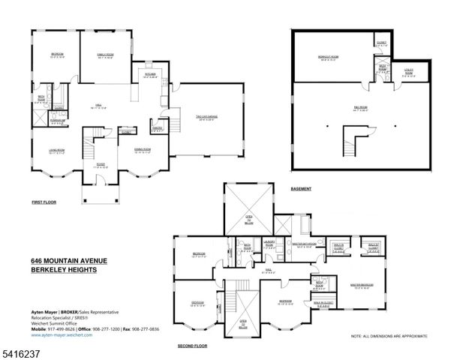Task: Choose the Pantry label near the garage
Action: coord(158,127)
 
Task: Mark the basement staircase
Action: coord(351,139)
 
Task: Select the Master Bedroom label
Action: coord(362,285)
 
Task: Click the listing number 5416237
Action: coord(21,352)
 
